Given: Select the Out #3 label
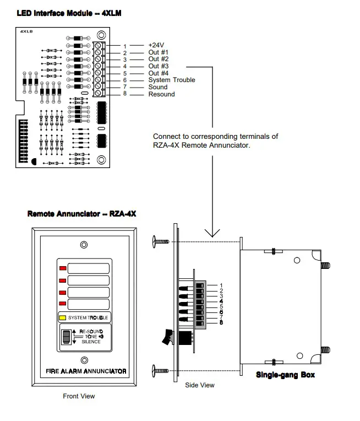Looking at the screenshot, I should coord(159,66).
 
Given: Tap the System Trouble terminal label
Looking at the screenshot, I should coord(171,80).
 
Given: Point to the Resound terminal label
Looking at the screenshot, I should coord(161,94).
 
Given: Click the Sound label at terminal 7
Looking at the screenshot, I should coord(158,87).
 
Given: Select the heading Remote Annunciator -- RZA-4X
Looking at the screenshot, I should coord(81,213).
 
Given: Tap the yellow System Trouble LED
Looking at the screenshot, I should coord(63,318).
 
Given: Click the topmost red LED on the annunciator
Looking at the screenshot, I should coord(62,268).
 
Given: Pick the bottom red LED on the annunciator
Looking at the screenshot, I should coord(62,304).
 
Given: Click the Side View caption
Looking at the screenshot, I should coord(200,385).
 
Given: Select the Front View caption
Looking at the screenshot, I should coord(79,396).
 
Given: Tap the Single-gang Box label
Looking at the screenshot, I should coord(285,375).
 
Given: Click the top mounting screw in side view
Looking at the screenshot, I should coord(160,241).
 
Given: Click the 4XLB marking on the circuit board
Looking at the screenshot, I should coord(26,33).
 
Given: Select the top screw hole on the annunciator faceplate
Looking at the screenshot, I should coord(83,244).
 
